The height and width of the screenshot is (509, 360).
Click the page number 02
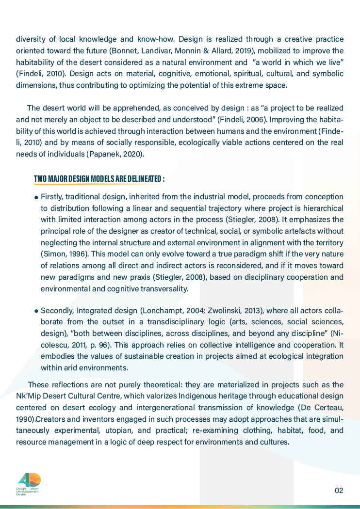(339, 490)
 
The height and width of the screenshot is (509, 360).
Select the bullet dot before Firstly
(36, 198)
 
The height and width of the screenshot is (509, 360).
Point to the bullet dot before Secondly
(36, 311)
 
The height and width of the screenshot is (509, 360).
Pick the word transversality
(163, 288)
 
